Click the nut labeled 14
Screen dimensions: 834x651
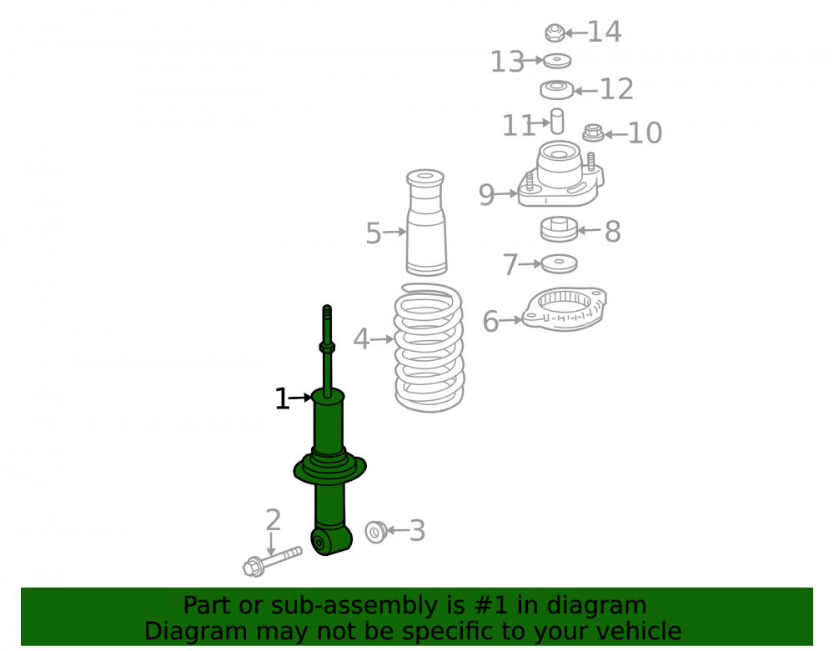pyautogui.click(x=555, y=33)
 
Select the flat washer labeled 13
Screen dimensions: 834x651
pyautogui.click(x=557, y=61)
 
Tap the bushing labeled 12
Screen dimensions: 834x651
pyautogui.click(x=557, y=89)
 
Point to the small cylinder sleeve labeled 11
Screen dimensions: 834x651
pyautogui.click(x=557, y=121)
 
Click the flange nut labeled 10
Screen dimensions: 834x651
pyautogui.click(x=593, y=133)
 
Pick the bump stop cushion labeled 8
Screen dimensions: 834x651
pyautogui.click(x=559, y=229)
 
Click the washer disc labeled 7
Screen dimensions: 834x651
pyautogui.click(x=559, y=263)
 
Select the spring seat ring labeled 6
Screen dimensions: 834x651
pyautogui.click(x=564, y=308)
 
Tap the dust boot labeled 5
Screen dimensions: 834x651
pyautogui.click(x=426, y=222)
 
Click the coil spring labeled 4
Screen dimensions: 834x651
pyautogui.click(x=429, y=348)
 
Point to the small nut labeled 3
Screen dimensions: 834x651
pyautogui.click(x=375, y=532)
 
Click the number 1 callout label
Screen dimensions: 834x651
pyautogui.click(x=282, y=398)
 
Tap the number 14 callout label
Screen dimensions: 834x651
pyautogui.click(x=604, y=32)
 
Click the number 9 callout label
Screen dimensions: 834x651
pyautogui.click(x=486, y=195)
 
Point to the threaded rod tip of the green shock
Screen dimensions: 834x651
pyautogui.click(x=327, y=308)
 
